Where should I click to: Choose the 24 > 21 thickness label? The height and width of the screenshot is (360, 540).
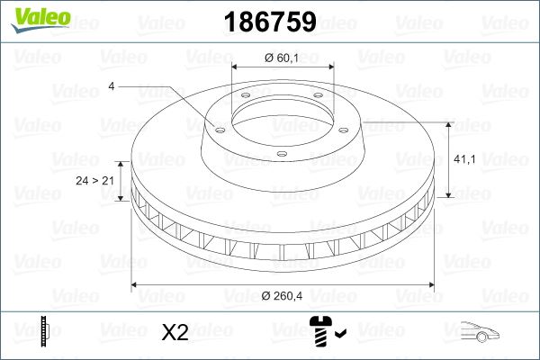[94, 181]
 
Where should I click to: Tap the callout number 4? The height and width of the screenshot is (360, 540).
[111, 86]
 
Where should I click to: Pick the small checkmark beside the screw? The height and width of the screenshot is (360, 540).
[339, 335]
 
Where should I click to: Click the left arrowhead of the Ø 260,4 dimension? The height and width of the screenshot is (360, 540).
[136, 285]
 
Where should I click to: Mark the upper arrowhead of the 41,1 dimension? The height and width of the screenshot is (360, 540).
[447, 123]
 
